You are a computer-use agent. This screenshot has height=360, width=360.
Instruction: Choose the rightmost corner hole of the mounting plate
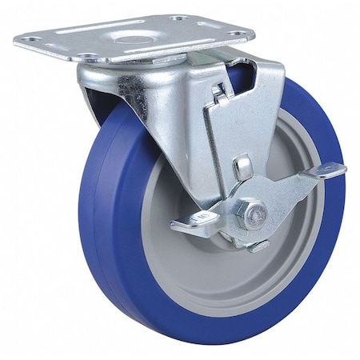pos(238,34)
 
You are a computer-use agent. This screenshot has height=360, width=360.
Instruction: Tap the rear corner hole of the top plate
pos(178,17)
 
